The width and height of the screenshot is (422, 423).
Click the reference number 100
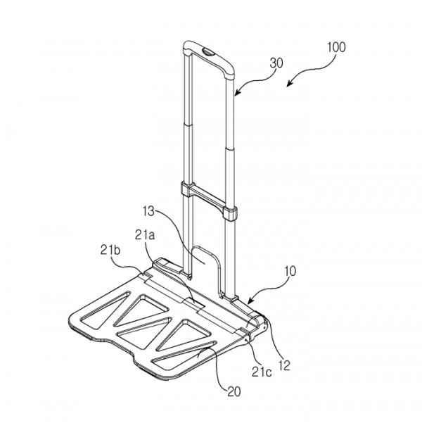[x=336, y=47]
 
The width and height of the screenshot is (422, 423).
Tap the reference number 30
[x=276, y=63]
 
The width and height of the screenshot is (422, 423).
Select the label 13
[x=148, y=211]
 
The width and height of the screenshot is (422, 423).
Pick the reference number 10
[x=290, y=271]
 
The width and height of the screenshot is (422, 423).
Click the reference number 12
[x=284, y=365]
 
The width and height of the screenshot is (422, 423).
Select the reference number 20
[x=234, y=391]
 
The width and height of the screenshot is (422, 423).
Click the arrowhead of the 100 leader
[x=288, y=84]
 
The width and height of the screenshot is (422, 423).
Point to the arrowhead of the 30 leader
[x=236, y=93]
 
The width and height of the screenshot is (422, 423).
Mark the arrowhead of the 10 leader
[x=250, y=302]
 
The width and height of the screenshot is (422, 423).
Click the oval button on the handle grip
[x=208, y=51]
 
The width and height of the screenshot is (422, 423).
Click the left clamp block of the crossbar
[x=186, y=189]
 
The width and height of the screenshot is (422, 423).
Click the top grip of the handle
[x=208, y=58]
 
